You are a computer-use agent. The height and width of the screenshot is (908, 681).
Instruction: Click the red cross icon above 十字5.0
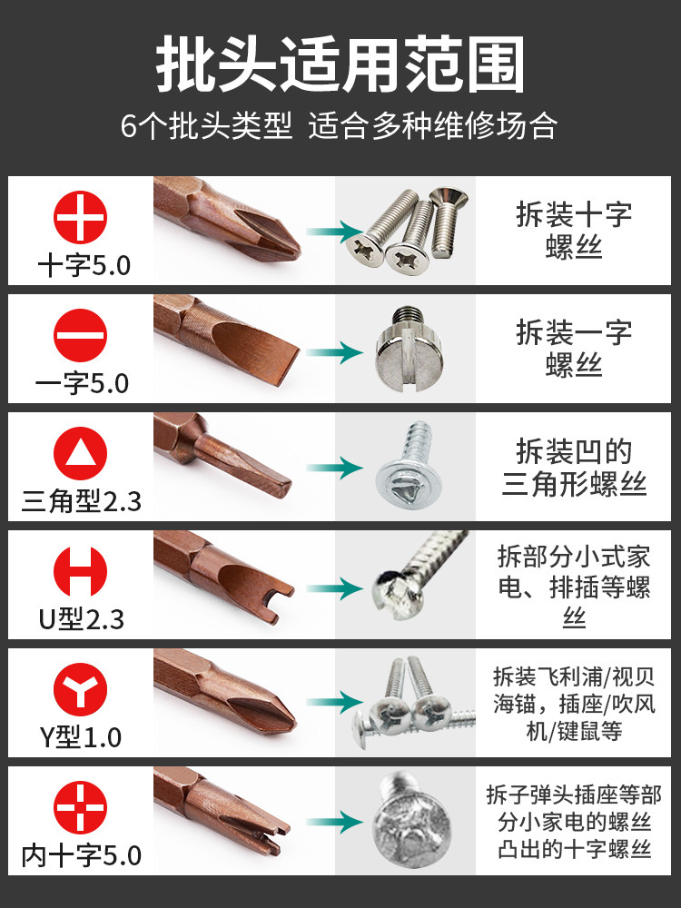tap(81, 217)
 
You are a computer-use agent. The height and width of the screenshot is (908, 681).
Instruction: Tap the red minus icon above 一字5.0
tap(81, 335)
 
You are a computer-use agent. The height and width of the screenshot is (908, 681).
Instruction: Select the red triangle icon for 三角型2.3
tap(81, 453)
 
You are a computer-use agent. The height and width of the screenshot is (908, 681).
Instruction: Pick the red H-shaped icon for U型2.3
tap(81, 571)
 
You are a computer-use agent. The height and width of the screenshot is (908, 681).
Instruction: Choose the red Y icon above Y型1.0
tap(81, 690)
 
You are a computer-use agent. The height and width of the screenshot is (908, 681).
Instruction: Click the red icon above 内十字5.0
tap(81, 808)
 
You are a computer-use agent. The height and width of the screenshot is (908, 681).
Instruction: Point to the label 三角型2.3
tap(81, 501)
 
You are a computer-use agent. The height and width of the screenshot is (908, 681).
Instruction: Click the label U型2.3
tap(81, 619)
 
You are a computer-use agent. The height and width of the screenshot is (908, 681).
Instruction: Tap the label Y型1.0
tap(81, 737)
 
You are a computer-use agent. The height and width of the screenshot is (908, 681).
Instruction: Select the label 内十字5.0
tap(81, 855)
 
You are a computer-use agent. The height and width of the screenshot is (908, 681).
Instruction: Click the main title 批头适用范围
tap(340, 64)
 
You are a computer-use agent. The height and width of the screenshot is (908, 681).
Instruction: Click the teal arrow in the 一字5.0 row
tap(335, 352)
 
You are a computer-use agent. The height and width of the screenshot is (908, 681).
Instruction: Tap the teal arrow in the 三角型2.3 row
tap(335, 468)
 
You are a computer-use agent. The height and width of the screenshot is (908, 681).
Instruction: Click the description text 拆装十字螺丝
tap(574, 231)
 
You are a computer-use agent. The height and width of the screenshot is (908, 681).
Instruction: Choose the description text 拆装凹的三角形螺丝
tap(574, 468)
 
